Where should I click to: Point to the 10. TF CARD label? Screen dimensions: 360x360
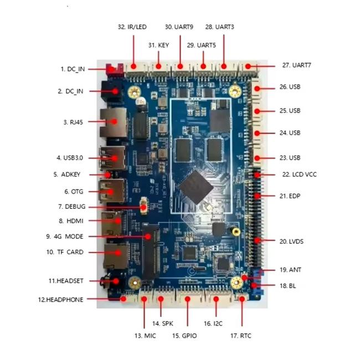click(x=64, y=252)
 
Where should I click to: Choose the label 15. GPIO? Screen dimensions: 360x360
click(x=184, y=336)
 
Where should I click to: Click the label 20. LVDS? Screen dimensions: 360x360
click(x=291, y=241)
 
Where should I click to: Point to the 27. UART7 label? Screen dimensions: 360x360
click(x=296, y=65)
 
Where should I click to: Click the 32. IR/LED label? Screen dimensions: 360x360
click(x=132, y=27)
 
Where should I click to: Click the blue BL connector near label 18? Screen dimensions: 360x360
click(x=256, y=286)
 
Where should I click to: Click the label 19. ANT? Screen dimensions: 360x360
click(x=290, y=270)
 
